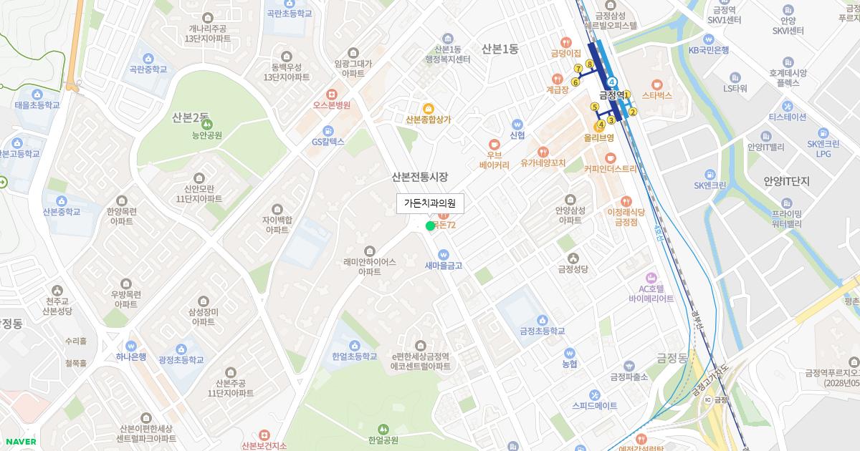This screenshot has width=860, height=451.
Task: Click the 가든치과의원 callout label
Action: (430, 203)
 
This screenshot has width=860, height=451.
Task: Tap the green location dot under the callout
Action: (430, 226)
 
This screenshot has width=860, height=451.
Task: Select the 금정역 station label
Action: (611, 95)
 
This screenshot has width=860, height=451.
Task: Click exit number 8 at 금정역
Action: (589, 64)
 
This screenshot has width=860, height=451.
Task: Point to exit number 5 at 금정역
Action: (594, 107)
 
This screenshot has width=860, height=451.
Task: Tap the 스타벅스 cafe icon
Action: (656, 82)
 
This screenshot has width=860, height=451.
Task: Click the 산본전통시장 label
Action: (419, 177)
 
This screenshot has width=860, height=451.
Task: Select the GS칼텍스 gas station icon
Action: (328, 130)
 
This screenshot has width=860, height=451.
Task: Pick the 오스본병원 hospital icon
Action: (331, 94)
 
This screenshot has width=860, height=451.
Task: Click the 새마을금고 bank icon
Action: (443, 254)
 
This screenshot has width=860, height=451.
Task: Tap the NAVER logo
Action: (21, 442)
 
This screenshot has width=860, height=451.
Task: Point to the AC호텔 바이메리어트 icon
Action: (651, 277)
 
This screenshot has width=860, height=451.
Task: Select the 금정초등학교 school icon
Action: (543, 319)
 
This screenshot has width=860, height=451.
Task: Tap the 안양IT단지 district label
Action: (786, 182)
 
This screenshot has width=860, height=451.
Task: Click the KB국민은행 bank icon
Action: (708, 39)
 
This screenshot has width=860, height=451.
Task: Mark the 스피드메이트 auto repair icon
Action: (594, 394)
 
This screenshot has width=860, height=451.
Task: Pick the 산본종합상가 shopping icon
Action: (428, 108)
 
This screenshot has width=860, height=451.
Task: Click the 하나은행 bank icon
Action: (130, 345)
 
